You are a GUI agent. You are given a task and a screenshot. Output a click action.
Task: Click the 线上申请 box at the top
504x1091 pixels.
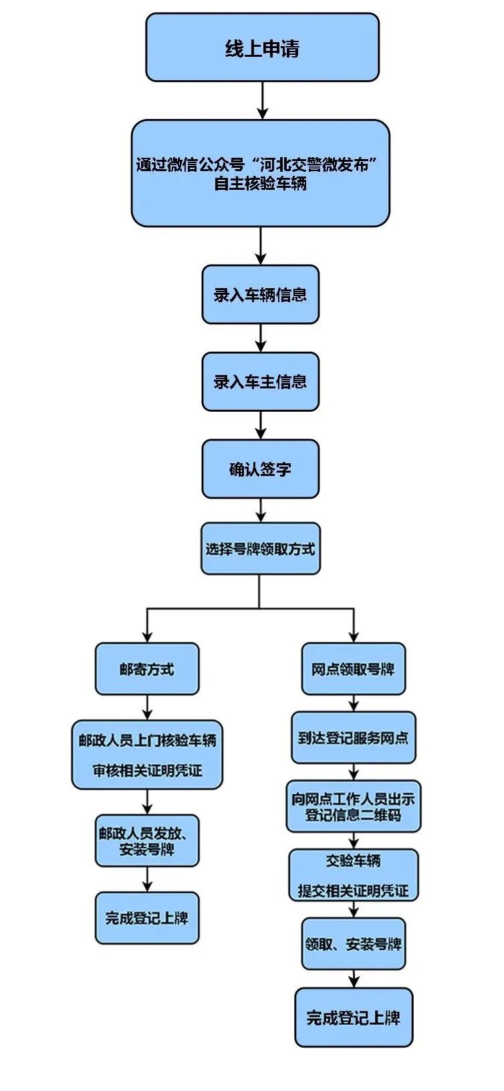[262, 48]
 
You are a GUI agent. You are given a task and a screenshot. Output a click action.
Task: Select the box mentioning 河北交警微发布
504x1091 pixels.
[260, 173]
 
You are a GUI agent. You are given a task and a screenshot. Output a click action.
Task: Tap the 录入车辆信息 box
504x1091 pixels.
[260, 295]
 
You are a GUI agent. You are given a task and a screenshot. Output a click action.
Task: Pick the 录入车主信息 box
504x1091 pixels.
[260, 382]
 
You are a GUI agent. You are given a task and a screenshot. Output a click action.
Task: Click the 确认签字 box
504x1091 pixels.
[260, 469]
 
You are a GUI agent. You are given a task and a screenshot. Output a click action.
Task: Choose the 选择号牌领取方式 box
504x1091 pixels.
[260, 549]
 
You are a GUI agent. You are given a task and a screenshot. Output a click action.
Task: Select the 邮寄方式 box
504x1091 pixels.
[147, 669]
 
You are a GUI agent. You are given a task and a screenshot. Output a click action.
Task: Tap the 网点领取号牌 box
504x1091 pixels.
[353, 669]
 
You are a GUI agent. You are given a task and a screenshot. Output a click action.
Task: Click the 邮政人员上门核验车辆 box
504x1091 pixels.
[147, 755]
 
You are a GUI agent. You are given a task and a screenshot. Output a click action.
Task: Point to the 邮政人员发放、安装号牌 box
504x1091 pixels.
[147, 840]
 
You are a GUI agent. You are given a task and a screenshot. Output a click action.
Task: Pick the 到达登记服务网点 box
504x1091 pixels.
[353, 738]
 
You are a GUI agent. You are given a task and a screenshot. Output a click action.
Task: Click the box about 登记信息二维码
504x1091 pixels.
[353, 806]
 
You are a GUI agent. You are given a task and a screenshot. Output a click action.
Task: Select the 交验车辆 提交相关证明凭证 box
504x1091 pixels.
[353, 875]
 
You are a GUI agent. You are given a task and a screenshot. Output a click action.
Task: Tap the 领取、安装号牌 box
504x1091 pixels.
[353, 944]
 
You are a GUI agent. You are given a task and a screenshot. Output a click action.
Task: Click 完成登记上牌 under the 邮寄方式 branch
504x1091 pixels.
[147, 918]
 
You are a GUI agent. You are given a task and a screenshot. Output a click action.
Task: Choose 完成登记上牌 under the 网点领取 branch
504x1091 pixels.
[353, 1017]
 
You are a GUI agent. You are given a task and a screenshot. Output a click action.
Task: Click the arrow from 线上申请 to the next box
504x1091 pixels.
[262, 101]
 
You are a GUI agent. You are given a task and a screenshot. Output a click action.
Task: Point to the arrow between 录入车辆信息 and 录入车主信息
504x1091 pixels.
[261, 338]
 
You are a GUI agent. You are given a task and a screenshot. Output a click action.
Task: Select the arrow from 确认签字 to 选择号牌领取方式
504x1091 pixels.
[261, 510]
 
